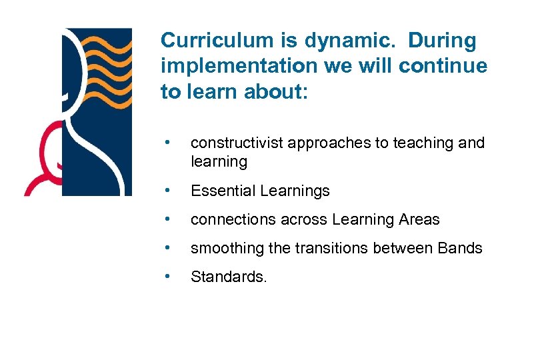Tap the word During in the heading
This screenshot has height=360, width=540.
[x=442, y=41]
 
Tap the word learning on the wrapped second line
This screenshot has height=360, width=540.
[x=219, y=161]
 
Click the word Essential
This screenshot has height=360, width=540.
[x=223, y=191]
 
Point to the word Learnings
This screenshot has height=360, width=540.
[x=295, y=191]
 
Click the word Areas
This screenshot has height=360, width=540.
[x=419, y=219]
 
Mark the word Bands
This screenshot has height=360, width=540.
[x=460, y=248]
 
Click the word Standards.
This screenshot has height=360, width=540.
[x=228, y=277]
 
